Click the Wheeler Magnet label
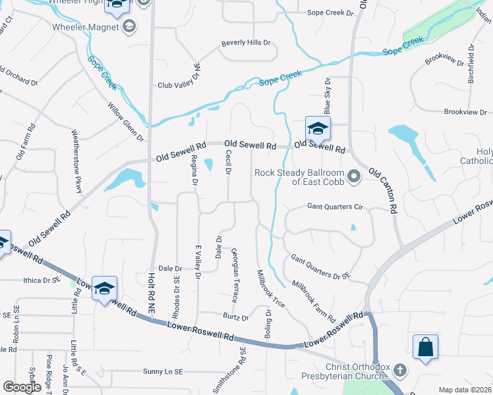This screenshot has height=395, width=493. [x=86, y=27]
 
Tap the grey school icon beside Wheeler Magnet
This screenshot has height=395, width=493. [x=129, y=27]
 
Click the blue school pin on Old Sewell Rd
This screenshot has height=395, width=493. [x=318, y=129]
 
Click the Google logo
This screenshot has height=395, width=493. [x=22, y=387]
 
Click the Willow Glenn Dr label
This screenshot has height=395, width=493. [x=126, y=122]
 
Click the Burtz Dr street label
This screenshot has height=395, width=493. [x=235, y=317]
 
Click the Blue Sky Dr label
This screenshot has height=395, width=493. [x=326, y=95]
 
